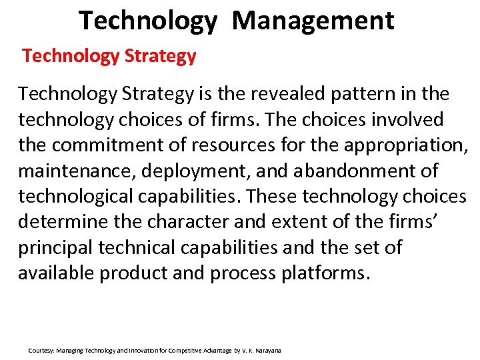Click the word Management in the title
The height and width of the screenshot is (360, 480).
pos(313,21)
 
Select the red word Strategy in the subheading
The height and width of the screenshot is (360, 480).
pos(160,56)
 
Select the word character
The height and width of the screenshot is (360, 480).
pos(190,222)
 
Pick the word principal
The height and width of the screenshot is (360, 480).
pos(55,247)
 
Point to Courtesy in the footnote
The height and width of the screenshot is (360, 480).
pos(41,350)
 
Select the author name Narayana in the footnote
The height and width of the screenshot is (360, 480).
pos(267,350)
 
